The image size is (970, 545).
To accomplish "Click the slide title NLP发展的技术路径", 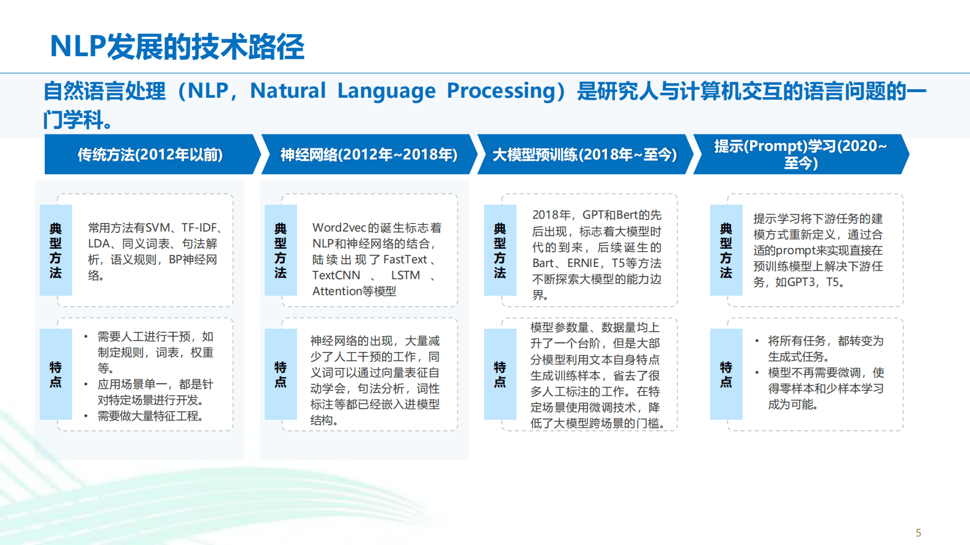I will click(177, 46).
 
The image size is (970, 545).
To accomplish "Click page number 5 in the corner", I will click(918, 533).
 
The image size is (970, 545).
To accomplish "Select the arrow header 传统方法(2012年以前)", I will click(150, 155).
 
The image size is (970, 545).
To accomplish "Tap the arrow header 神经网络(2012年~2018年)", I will click(369, 155).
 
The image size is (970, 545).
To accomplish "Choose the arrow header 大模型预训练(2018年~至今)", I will click(584, 155).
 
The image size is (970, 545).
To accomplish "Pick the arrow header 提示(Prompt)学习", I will click(800, 154).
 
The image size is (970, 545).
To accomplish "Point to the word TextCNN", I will click(336, 276).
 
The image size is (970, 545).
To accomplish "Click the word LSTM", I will click(405, 276).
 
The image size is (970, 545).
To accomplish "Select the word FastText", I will click(405, 260).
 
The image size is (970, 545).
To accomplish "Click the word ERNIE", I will click(583, 263).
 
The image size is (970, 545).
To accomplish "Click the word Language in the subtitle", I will click(386, 91).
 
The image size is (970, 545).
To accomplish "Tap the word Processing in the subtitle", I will click(501, 91).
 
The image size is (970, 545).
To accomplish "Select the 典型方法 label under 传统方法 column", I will click(56, 251).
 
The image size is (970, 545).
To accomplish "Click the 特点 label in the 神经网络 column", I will click(281, 374).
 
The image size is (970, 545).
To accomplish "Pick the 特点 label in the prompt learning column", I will click(726, 374).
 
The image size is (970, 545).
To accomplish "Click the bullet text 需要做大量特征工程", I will click(150, 416).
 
